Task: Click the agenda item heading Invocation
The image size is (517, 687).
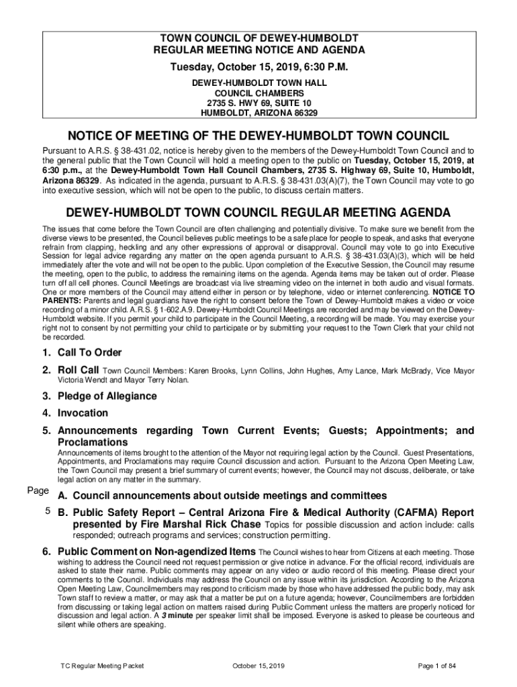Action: point(83,413)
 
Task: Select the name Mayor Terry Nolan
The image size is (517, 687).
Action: point(163,380)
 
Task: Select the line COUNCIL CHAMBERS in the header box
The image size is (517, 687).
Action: point(259,93)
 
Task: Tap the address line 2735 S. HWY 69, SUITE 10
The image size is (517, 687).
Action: point(259,103)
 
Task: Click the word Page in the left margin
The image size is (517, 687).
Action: point(38,491)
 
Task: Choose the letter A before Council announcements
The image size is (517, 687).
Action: point(64,496)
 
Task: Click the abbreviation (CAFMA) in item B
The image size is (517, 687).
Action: point(388,512)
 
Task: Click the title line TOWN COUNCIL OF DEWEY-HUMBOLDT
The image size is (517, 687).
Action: point(259,38)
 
